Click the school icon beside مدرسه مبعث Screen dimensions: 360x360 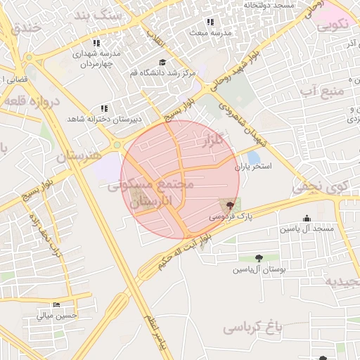(194, 32)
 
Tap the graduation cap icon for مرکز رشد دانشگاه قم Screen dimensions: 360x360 (162, 62)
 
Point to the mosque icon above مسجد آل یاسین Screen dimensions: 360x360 (306, 218)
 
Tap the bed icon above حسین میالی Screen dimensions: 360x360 (56, 305)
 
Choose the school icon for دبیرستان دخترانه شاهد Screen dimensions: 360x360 (105, 108)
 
